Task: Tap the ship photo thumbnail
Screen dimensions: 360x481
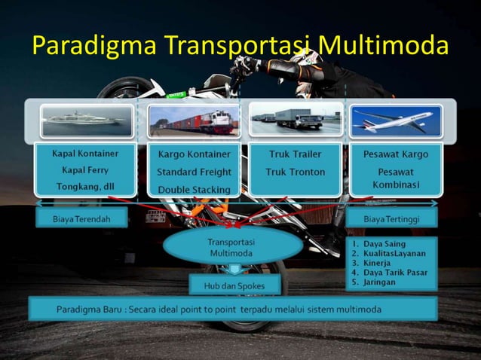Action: (84, 119)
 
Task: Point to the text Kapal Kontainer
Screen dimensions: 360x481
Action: (84, 154)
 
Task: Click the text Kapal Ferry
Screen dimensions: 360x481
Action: (84, 170)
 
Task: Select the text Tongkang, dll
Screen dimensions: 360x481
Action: (84, 187)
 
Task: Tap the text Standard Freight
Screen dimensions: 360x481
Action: (194, 172)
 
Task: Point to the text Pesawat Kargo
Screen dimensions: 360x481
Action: (396, 154)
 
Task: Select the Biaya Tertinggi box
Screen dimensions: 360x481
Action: (391, 219)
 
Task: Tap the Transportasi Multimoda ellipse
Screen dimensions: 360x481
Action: (232, 248)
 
